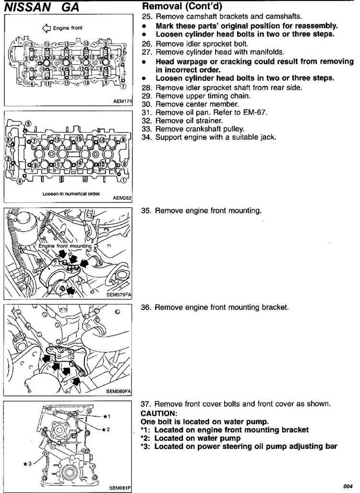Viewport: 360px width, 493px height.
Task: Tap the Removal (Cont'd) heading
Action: coord(182,6)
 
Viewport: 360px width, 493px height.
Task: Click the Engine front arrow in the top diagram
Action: coord(47,28)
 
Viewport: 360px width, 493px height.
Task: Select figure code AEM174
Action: coord(123,101)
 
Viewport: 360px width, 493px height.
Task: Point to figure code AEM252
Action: coord(122,198)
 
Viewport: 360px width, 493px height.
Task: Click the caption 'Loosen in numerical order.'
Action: coord(72,194)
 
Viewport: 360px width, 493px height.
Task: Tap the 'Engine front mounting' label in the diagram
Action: coord(65,246)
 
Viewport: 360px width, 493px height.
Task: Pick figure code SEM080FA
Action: coord(119,391)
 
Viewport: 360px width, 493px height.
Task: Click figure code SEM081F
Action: coord(120,488)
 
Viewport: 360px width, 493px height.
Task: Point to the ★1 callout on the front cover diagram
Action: coord(107,416)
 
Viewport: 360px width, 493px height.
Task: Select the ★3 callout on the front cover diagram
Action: coord(27,463)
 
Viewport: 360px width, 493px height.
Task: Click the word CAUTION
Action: coord(159,413)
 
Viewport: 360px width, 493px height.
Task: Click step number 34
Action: coord(147,137)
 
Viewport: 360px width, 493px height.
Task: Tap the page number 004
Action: coord(348,486)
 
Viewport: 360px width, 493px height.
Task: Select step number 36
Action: coord(146,307)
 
